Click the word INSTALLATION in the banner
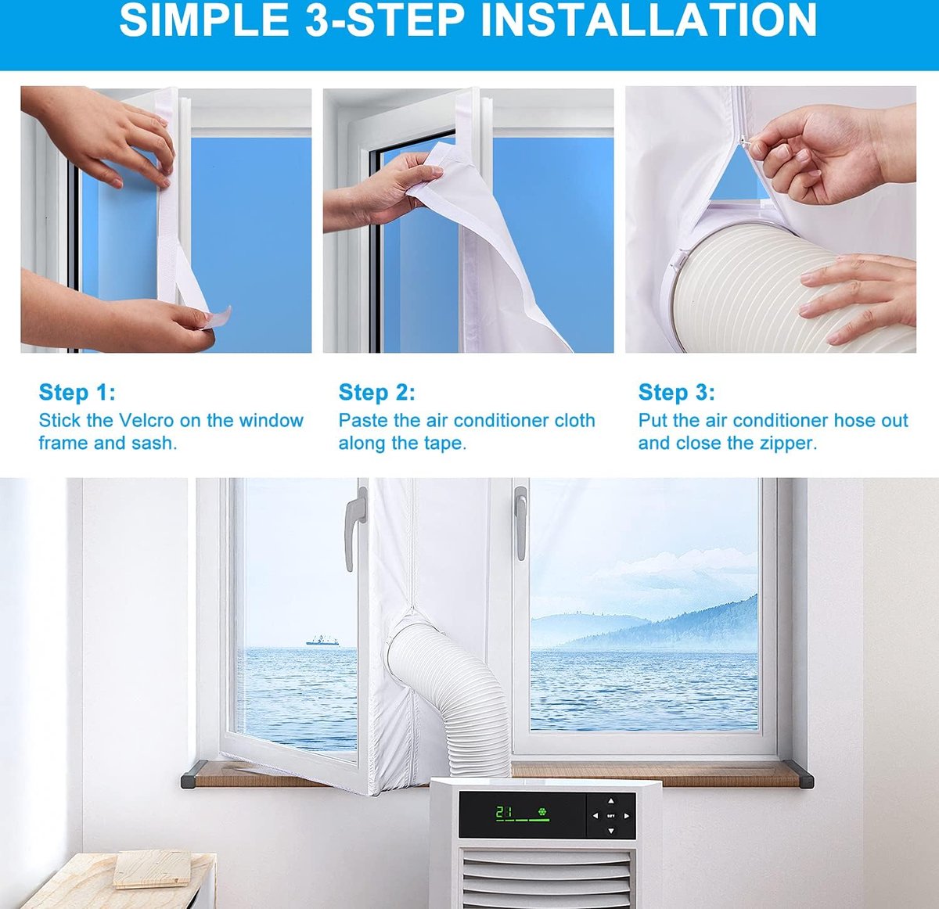tap(648, 20)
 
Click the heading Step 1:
tap(77, 393)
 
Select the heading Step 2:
tap(376, 393)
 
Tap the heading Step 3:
tap(676, 393)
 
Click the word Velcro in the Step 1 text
tap(146, 421)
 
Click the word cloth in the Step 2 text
tap(574, 421)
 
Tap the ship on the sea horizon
tap(322, 641)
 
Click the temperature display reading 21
tap(504, 813)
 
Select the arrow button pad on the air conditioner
tap(611, 816)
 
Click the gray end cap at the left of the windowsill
tap(193, 774)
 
